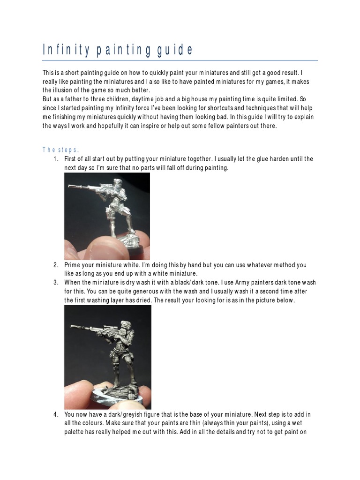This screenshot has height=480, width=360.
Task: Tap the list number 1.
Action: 56,159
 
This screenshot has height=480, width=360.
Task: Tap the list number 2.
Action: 56,265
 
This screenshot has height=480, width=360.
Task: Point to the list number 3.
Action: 56,282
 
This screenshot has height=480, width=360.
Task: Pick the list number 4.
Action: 56,414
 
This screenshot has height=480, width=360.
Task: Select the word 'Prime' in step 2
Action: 73,265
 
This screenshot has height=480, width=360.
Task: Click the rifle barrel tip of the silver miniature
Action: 69,187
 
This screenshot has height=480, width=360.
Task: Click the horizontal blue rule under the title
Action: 180,60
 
